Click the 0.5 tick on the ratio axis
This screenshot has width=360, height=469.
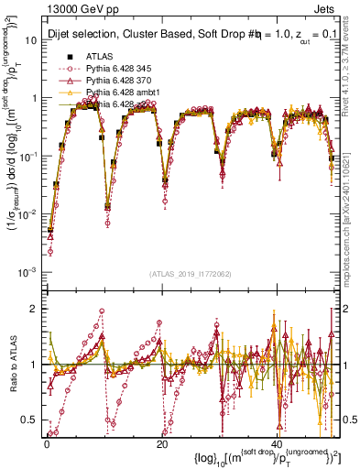click(x=30, y=420)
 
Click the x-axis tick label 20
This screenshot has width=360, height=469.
click(x=162, y=442)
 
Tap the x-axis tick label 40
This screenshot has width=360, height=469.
click(x=278, y=442)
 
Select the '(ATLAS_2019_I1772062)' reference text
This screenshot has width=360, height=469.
click(x=191, y=274)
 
